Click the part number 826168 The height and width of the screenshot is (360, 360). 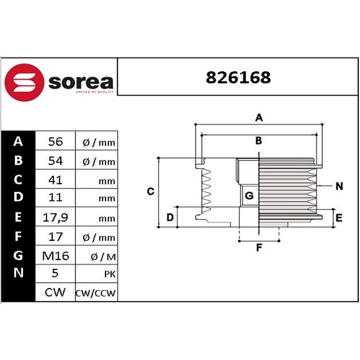pos(238,77)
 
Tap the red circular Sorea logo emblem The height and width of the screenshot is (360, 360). pos(24,82)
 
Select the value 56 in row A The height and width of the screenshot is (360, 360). pos(55,141)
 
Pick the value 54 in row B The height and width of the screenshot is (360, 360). pos(55,161)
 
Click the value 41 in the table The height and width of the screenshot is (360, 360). pos(55,180)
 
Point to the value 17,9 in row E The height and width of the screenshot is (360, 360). pos(55,217)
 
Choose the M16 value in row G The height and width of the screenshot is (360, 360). pos(55,256)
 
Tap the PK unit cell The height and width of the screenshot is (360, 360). pos(110,274)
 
